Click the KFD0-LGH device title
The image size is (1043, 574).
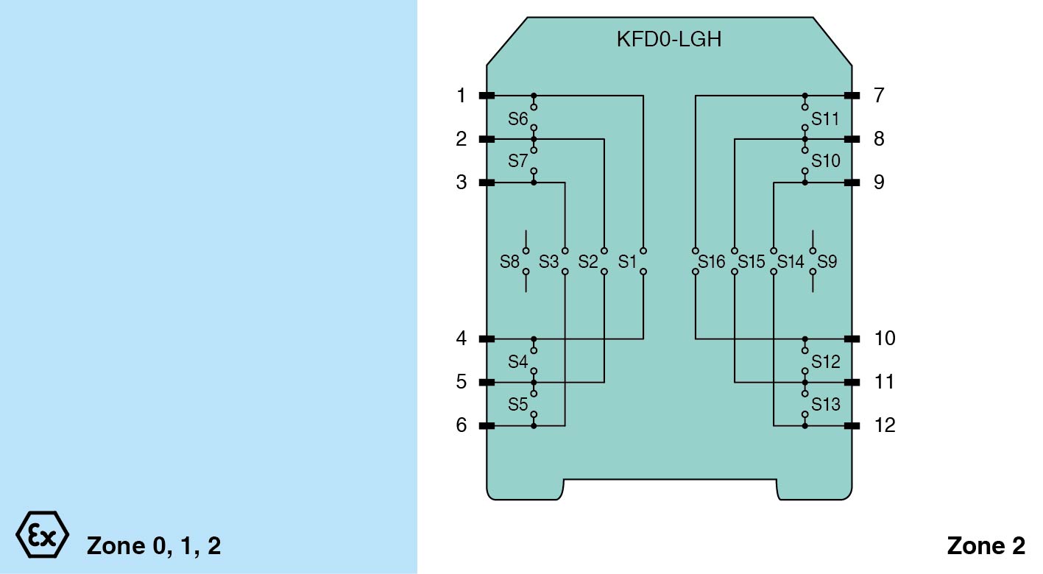pyautogui.click(x=668, y=39)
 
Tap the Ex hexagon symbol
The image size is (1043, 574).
pyautogui.click(x=42, y=534)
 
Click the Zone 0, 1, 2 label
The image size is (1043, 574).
pyautogui.click(x=154, y=546)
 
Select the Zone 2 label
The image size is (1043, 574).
pyautogui.click(x=986, y=546)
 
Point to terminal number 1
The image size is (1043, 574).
pyautogui.click(x=462, y=96)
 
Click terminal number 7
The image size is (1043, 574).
pyautogui.click(x=879, y=96)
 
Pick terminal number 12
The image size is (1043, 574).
pyautogui.click(x=885, y=425)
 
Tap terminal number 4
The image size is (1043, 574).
pyautogui.click(x=462, y=339)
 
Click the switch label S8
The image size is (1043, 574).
pyautogui.click(x=509, y=261)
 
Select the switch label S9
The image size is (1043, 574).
pyautogui.click(x=827, y=261)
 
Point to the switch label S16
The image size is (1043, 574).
pyautogui.click(x=712, y=261)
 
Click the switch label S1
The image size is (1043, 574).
pyautogui.click(x=627, y=261)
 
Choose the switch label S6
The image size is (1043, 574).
pyautogui.click(x=517, y=118)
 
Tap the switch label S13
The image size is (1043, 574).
pyautogui.click(x=826, y=405)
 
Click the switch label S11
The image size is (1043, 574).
pyautogui.click(x=826, y=118)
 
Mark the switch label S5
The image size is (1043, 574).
pyautogui.click(x=517, y=405)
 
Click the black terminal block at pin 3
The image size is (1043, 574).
pyautogui.click(x=487, y=183)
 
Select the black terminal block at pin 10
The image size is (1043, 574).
pyautogui.click(x=852, y=339)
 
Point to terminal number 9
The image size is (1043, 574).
pyautogui.click(x=879, y=183)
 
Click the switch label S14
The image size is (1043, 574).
pyautogui.click(x=791, y=261)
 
